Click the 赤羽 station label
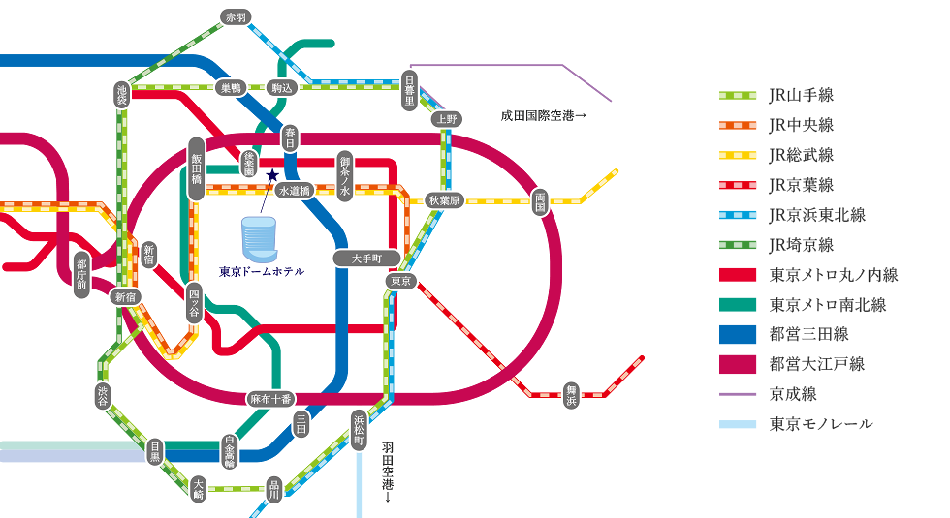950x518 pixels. pos(234,17)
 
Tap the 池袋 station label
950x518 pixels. pos(121,94)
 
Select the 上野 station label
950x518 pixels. pos(446,119)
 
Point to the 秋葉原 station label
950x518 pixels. pos(445,200)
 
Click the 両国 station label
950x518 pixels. pos(540,201)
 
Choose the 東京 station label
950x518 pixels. pos(400,281)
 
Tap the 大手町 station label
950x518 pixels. pos(366,259)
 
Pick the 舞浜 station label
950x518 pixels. pos(571,395)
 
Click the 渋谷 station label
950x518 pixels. pos(104,395)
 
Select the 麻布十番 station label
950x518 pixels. pos(270,398)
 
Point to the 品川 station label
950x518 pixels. pos(274,489)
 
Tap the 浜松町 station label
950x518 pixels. pos(359,430)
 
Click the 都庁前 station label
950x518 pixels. pos(81,274)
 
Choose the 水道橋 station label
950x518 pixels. pos(294,191)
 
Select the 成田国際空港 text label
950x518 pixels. pos(544,115)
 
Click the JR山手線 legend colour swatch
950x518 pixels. pos(736,96)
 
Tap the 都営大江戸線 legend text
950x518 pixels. pos(816,364)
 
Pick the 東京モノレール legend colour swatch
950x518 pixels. pos(736,424)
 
